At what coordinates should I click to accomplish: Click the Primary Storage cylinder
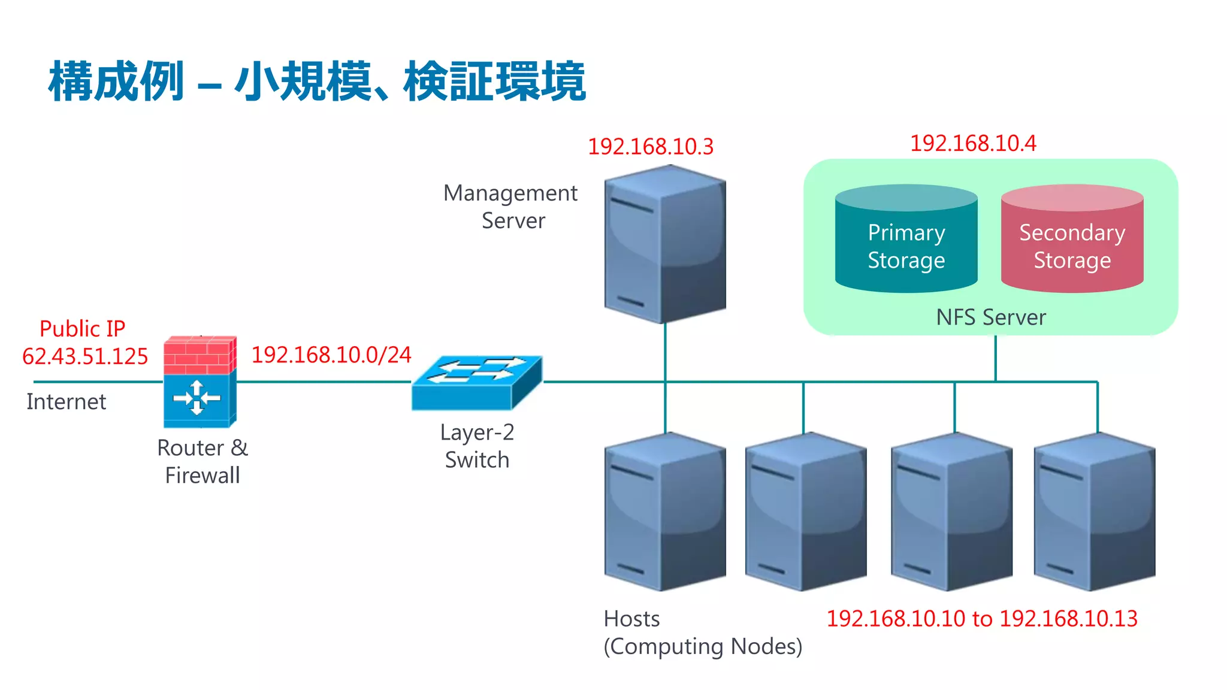[x=906, y=240]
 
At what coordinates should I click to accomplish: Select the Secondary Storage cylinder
[x=1072, y=240]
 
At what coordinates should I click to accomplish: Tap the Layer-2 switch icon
[x=477, y=383]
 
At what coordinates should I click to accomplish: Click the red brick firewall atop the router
[x=200, y=355]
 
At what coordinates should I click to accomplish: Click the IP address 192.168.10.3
[x=651, y=147]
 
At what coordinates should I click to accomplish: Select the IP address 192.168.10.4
[x=973, y=144]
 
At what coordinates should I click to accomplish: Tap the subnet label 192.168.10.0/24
[x=331, y=355]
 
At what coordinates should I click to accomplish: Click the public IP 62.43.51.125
[x=85, y=356]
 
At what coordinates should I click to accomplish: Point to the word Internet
[x=67, y=401]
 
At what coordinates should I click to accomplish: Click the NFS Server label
[x=991, y=317]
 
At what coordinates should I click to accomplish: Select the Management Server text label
[x=511, y=207]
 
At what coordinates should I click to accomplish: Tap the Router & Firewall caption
[x=203, y=461]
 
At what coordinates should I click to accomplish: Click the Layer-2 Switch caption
[x=477, y=446]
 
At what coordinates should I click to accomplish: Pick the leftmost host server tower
[x=665, y=512]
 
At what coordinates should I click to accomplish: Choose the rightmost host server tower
[x=1095, y=512]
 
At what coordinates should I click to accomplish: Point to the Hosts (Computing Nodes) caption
[x=702, y=632]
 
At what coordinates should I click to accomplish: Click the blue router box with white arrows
[x=197, y=398]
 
